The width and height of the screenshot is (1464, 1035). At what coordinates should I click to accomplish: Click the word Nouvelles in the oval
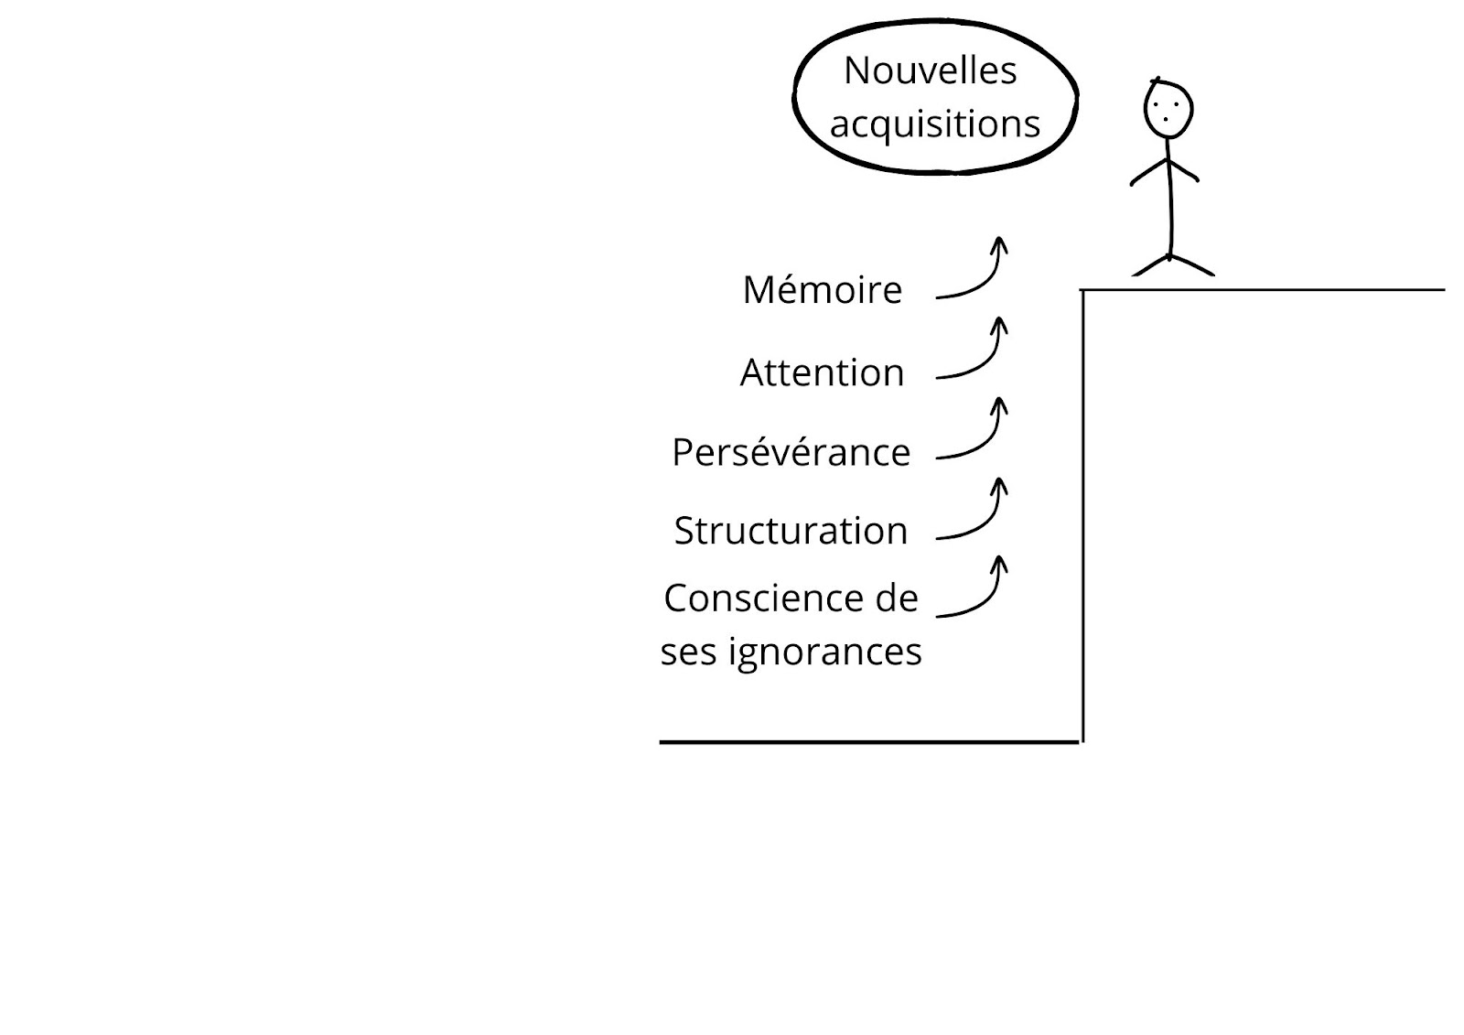tap(930, 70)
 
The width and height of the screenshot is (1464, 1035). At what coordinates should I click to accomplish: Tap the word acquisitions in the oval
tap(934, 124)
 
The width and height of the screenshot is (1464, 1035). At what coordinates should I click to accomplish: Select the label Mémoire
tap(823, 289)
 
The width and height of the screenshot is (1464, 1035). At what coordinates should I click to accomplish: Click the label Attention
tap(823, 372)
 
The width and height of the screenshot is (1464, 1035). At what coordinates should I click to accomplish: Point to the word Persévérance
tap(791, 452)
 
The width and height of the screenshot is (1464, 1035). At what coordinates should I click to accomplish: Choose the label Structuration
tap(791, 530)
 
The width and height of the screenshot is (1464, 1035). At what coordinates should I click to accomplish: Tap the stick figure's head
tap(1168, 109)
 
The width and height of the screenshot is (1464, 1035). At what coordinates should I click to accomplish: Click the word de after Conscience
tap(897, 598)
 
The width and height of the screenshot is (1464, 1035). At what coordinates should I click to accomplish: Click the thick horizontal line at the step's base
tap(869, 742)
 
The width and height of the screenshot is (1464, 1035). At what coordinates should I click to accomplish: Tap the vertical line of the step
tap(1083, 516)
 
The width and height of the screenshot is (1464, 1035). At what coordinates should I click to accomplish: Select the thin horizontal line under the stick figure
tap(1262, 290)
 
